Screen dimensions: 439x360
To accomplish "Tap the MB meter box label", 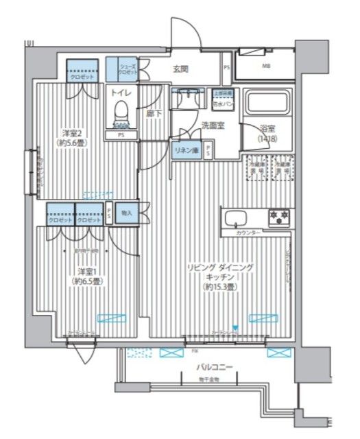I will coord(265,67).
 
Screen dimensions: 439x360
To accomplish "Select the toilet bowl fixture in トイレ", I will coord(121,110).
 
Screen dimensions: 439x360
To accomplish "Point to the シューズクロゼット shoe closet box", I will coord(122,69).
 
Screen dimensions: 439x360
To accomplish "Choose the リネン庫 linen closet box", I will coord(186,151).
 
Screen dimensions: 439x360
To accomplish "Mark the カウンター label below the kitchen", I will coord(248,234).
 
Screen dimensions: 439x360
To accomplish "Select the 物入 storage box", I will coord(127,213).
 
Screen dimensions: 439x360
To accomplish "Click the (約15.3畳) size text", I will coord(220,286).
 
